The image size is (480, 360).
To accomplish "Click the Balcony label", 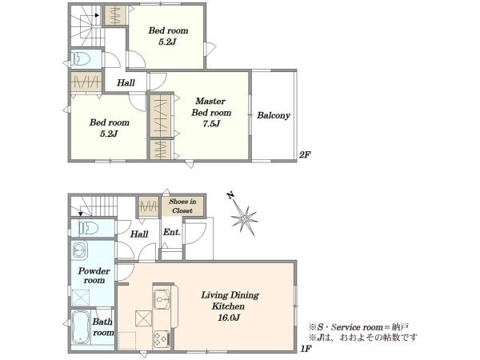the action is pos(274,115).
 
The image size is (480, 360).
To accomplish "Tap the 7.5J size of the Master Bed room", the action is pos(211,124).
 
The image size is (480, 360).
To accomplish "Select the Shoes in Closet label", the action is pos(182,206).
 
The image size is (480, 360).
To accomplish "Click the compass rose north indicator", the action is pos(231,196).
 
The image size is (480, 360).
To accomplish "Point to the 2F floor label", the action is pos(305,155).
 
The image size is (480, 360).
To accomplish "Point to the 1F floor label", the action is pos(306,348).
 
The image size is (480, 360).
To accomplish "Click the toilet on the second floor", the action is pos(81,58).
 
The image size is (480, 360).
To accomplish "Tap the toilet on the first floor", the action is pos(89,228).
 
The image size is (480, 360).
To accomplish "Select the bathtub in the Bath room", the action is pos(81,328).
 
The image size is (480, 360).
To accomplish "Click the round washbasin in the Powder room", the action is pos(79,250).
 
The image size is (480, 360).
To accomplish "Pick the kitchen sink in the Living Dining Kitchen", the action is pos(162,299).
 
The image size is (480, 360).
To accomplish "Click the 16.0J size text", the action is pos(228,318).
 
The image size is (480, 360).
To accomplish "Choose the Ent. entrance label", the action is pos(172,232).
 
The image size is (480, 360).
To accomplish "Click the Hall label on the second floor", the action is pos(126,82).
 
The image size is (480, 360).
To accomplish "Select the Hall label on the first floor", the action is pos(139,234).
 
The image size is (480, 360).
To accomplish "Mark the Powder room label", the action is pos(94,275).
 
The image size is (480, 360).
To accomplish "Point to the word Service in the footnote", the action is pos(346,327).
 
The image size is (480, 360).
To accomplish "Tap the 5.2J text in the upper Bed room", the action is pos(168,42).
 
